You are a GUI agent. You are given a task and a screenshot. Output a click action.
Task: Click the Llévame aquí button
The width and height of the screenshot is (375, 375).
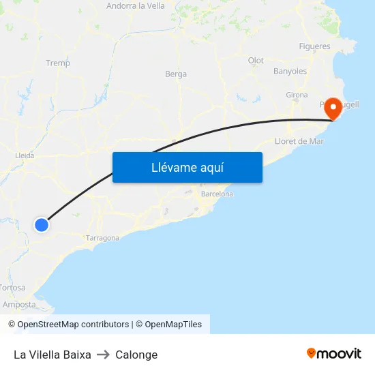(x=187, y=167)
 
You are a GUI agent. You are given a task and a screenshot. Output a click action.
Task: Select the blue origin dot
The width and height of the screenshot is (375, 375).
(x=42, y=224)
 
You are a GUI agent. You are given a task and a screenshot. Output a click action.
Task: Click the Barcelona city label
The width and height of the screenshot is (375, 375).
(x=217, y=194)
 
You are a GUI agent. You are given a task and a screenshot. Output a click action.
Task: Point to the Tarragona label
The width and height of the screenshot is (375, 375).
(x=102, y=238)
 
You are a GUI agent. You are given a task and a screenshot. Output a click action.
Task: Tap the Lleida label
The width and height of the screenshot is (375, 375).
(x=25, y=155)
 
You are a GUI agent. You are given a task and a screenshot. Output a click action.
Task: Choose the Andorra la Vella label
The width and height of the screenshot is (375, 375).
(x=136, y=6)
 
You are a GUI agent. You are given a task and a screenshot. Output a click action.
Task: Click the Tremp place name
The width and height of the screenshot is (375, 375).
(x=57, y=63)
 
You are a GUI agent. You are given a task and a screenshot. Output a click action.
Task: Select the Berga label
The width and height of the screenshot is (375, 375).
(x=176, y=74)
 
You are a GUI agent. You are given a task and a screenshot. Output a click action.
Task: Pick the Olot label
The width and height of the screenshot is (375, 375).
(x=256, y=61)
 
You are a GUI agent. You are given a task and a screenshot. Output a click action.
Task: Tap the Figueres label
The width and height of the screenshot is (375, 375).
(x=314, y=47)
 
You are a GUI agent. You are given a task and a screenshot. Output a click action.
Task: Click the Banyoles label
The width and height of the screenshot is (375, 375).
(x=290, y=71)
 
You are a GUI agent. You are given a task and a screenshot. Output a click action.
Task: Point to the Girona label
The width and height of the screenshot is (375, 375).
(x=297, y=95)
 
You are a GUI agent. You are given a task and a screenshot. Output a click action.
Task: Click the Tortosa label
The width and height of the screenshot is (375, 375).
(x=13, y=288)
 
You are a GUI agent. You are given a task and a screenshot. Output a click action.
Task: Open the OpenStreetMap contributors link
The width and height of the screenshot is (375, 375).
(x=73, y=325)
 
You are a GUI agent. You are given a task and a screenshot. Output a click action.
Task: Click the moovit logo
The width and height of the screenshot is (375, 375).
(x=333, y=353)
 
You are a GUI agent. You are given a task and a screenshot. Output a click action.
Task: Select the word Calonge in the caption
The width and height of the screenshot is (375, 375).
(x=136, y=355)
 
